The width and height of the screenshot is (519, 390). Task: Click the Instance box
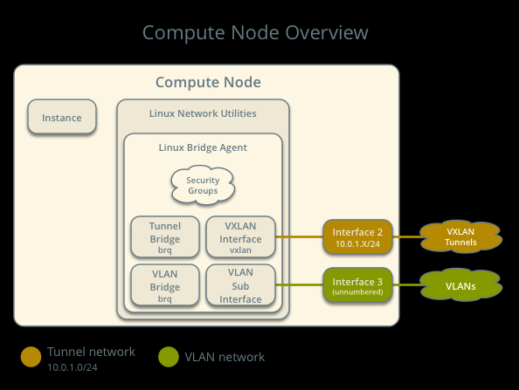pyautogui.click(x=62, y=116)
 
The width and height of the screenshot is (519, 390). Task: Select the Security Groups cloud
pyautogui.click(x=203, y=185)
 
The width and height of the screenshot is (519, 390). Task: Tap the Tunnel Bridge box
pyautogui.click(x=165, y=236)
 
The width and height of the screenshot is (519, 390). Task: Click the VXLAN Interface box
pyautogui.click(x=240, y=236)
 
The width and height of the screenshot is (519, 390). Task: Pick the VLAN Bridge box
pyautogui.click(x=165, y=285)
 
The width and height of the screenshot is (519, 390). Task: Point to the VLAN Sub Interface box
pyautogui.click(x=240, y=285)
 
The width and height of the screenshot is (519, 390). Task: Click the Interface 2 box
pyautogui.click(x=357, y=236)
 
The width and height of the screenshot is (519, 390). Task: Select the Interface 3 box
pyautogui.click(x=357, y=285)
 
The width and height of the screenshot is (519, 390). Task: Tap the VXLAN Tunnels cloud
pyautogui.click(x=460, y=237)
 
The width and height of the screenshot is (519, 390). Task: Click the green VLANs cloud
pyautogui.click(x=460, y=285)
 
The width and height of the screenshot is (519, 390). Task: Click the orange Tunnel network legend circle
pyautogui.click(x=31, y=357)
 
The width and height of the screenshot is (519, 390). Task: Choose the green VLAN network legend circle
pyautogui.click(x=169, y=357)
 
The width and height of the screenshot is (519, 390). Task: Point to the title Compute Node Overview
pyautogui.click(x=255, y=33)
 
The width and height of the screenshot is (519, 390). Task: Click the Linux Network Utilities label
pyautogui.click(x=203, y=113)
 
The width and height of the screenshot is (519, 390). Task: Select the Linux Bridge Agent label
pyautogui.click(x=203, y=147)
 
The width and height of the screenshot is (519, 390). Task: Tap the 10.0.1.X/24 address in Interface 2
pyautogui.click(x=357, y=244)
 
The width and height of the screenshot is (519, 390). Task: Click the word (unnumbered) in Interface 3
pyautogui.click(x=357, y=292)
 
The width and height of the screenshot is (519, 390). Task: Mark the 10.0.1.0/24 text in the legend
pyautogui.click(x=73, y=367)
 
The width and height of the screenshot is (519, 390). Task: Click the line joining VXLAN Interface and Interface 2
pyautogui.click(x=299, y=237)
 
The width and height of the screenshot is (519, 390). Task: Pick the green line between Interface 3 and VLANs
pyautogui.click(x=407, y=285)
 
